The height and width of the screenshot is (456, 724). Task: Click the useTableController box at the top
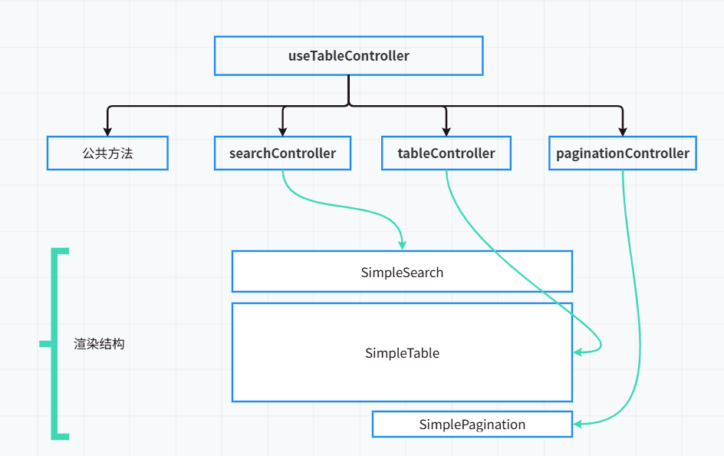[x=348, y=55]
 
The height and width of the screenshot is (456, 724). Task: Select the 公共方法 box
[x=107, y=153]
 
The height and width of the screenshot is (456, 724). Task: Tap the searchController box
[x=282, y=153]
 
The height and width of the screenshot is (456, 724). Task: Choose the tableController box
[x=446, y=153]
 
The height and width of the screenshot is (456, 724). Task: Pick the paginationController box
[x=622, y=153]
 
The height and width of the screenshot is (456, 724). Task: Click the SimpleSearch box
[x=402, y=272]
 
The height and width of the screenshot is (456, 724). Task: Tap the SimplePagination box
[x=472, y=425]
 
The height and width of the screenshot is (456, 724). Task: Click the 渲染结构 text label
[x=99, y=344]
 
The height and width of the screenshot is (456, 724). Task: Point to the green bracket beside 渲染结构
[x=54, y=344]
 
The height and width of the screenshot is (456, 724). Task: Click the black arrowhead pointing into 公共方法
[x=107, y=131]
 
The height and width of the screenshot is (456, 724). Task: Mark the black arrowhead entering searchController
[x=283, y=131]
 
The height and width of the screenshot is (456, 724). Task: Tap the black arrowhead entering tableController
[x=446, y=131]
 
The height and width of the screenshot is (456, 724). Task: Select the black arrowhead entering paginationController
[x=622, y=131]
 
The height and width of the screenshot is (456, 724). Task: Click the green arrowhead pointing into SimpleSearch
[x=402, y=244]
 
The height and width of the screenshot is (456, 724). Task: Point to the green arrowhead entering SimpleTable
[x=578, y=352]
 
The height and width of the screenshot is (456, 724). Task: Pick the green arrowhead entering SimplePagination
[x=578, y=423]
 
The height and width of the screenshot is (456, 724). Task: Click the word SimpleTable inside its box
[x=402, y=353]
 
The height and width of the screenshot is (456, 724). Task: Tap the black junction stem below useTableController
[x=349, y=89]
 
